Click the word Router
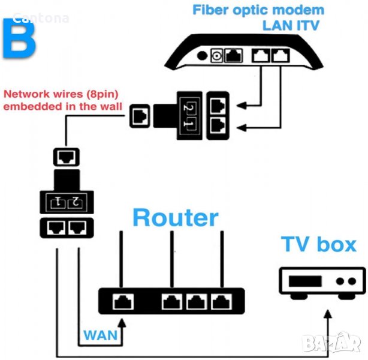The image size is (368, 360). point(175,217)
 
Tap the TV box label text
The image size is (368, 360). point(319,244)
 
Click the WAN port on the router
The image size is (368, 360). point(123,302)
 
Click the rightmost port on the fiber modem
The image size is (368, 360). point(279,56)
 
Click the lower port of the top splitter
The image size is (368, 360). point(218,125)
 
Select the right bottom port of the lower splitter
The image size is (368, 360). point(77,228)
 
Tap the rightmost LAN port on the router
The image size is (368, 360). point(222,302)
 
